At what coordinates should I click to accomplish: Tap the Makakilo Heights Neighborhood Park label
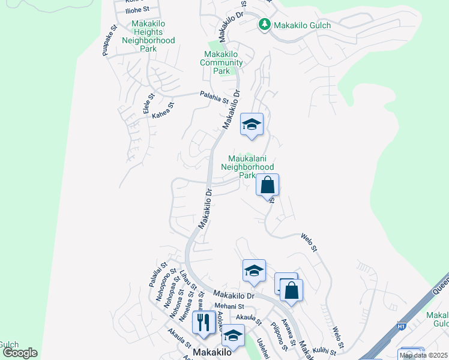(x=148, y=36)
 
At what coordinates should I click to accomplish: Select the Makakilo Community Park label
(x=221, y=62)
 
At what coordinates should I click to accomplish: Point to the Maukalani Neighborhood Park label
(x=247, y=167)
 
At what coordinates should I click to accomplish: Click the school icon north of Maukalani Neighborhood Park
(x=252, y=125)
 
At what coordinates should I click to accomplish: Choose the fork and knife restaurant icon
(x=203, y=323)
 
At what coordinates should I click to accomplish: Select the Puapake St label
(x=109, y=40)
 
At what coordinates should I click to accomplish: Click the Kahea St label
(x=163, y=110)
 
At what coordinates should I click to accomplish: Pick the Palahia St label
(x=214, y=97)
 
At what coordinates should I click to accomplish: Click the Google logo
(x=19, y=353)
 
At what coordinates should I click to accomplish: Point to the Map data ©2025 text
(x=423, y=355)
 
